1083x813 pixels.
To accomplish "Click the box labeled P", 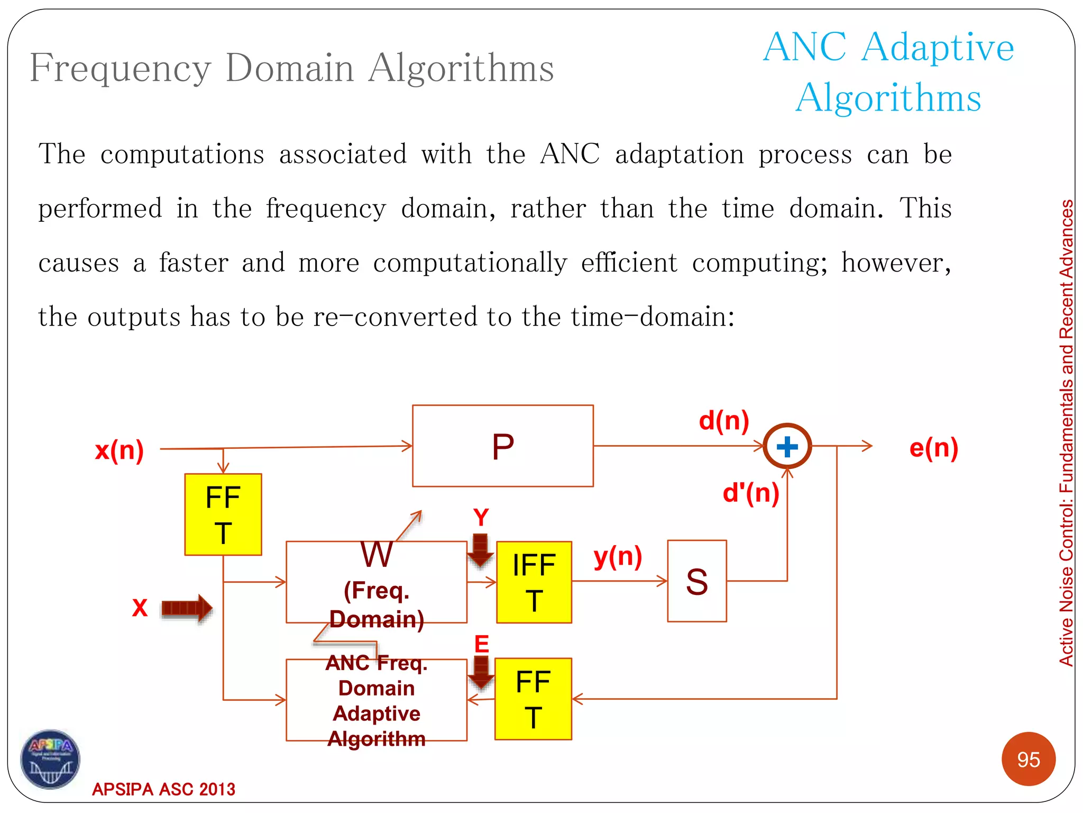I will pos(502,446).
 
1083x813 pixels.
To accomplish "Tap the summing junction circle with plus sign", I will pos(787,446).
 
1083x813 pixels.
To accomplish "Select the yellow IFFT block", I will pos(534,582).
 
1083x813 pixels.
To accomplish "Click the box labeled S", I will pos(697,581).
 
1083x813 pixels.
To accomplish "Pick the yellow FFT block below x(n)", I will pos(223,514).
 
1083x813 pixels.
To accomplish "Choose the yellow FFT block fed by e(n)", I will pos(533,699).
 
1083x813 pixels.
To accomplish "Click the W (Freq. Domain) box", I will pos(377,582).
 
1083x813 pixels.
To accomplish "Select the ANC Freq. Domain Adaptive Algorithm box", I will pos(377,700).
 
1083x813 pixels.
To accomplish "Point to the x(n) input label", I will pos(120,450).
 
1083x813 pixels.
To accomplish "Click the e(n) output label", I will pos(934,448).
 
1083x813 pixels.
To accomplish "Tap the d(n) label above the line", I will pos(724,421).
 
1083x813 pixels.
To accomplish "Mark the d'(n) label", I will pos(751,493).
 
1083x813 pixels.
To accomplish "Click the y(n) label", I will pos(618,557).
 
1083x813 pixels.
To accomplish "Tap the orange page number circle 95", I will pos(1029,760).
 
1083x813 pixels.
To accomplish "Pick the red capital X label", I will pos(140,608).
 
